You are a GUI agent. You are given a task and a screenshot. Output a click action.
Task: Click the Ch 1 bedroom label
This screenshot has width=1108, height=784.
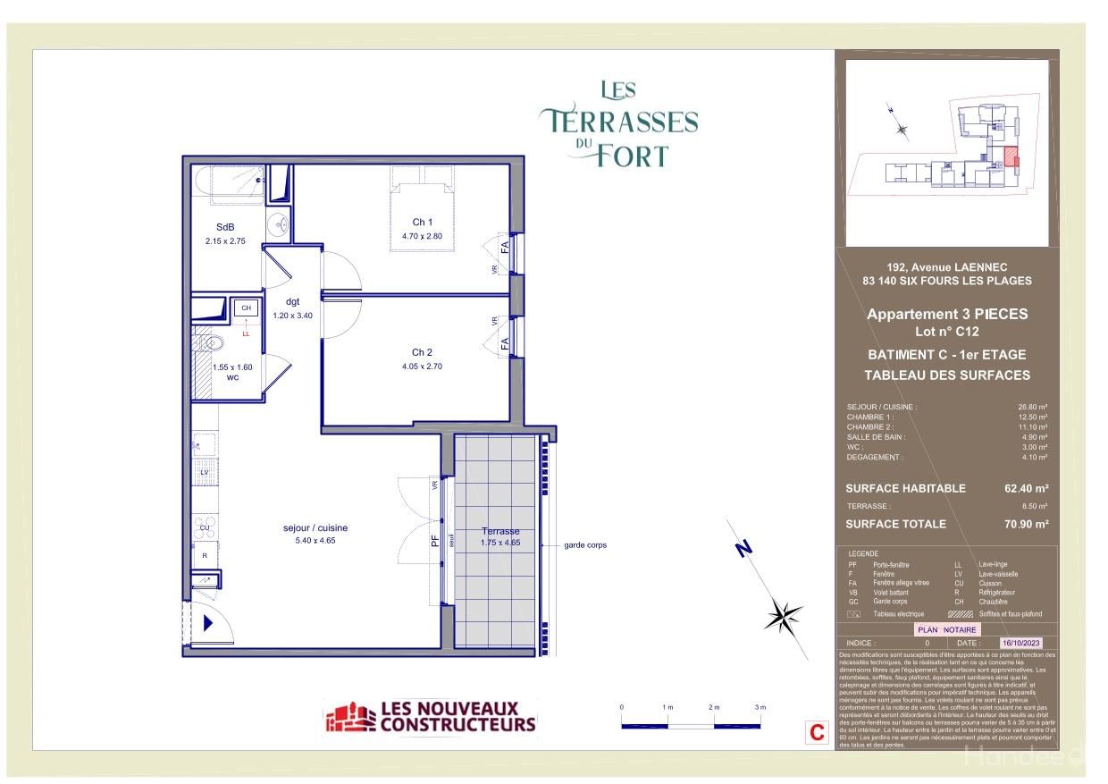[423, 223]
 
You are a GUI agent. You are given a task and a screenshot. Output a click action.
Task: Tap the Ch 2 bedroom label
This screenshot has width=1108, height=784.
[423, 352]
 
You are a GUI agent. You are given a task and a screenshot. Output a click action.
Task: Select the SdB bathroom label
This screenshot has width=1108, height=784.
[225, 227]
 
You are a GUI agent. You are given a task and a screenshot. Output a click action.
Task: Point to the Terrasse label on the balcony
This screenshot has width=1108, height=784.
[499, 531]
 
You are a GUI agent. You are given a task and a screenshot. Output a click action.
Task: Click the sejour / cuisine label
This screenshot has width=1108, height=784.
[308, 528]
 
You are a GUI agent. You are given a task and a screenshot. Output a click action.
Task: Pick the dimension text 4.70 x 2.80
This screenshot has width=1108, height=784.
[423, 236]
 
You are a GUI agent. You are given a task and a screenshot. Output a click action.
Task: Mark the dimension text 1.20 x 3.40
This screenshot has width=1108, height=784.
[292, 315]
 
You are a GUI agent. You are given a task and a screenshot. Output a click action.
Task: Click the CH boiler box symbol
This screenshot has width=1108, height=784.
[246, 308]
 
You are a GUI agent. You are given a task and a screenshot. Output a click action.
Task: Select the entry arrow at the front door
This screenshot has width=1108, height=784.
[208, 623]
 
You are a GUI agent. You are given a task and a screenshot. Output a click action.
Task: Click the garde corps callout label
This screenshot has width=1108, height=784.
[585, 545]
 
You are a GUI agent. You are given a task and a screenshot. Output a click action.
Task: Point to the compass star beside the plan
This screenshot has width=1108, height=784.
[783, 615]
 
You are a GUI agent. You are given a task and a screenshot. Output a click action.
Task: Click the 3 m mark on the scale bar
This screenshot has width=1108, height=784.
[760, 707]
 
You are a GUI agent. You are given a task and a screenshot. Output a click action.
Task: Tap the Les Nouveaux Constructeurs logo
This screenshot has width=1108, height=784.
[431, 717]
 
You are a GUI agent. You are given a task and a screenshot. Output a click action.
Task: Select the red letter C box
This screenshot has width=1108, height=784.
[816, 732]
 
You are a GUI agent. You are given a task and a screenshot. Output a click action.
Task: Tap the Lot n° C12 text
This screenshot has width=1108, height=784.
[947, 331]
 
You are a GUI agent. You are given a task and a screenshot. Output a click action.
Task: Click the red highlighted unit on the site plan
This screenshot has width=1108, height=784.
[1011, 157]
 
